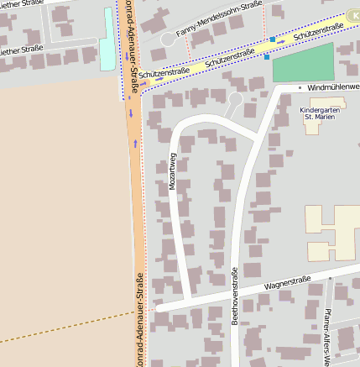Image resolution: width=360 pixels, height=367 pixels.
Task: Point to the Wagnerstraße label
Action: (288, 284)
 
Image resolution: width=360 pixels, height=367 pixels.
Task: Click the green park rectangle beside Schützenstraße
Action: (303, 63)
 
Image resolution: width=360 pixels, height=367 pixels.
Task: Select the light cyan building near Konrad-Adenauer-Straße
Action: (106, 39)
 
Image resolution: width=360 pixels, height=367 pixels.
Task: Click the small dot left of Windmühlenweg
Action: (300, 87)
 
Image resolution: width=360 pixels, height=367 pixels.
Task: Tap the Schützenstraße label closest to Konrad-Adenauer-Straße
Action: (164, 73)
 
